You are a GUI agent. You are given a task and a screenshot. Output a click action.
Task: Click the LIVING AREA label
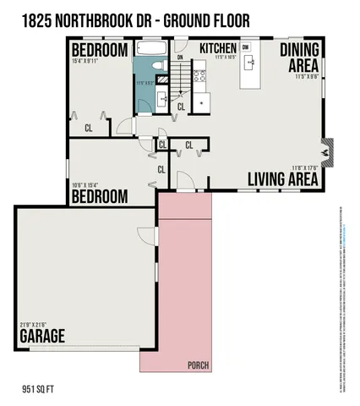point(282,179)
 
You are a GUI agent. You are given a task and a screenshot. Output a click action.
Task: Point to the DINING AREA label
point(299,58)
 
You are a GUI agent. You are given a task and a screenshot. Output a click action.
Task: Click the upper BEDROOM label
point(100,51)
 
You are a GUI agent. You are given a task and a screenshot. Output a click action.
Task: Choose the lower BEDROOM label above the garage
point(99,196)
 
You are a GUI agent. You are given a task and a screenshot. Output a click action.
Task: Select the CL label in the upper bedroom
point(88,129)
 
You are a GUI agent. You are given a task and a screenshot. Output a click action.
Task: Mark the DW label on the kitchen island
point(245,48)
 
